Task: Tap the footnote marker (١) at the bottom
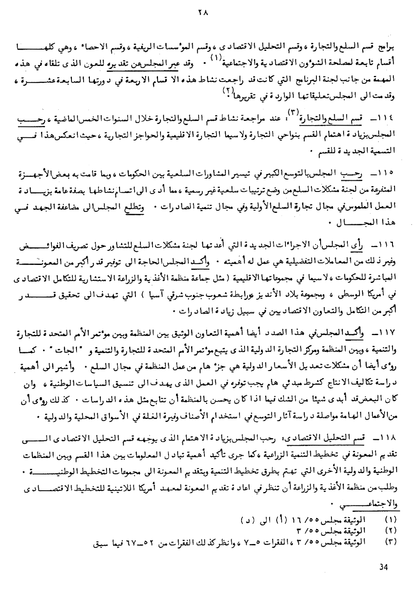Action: (x=390, y=519)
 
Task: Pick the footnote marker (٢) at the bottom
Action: (x=390, y=531)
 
